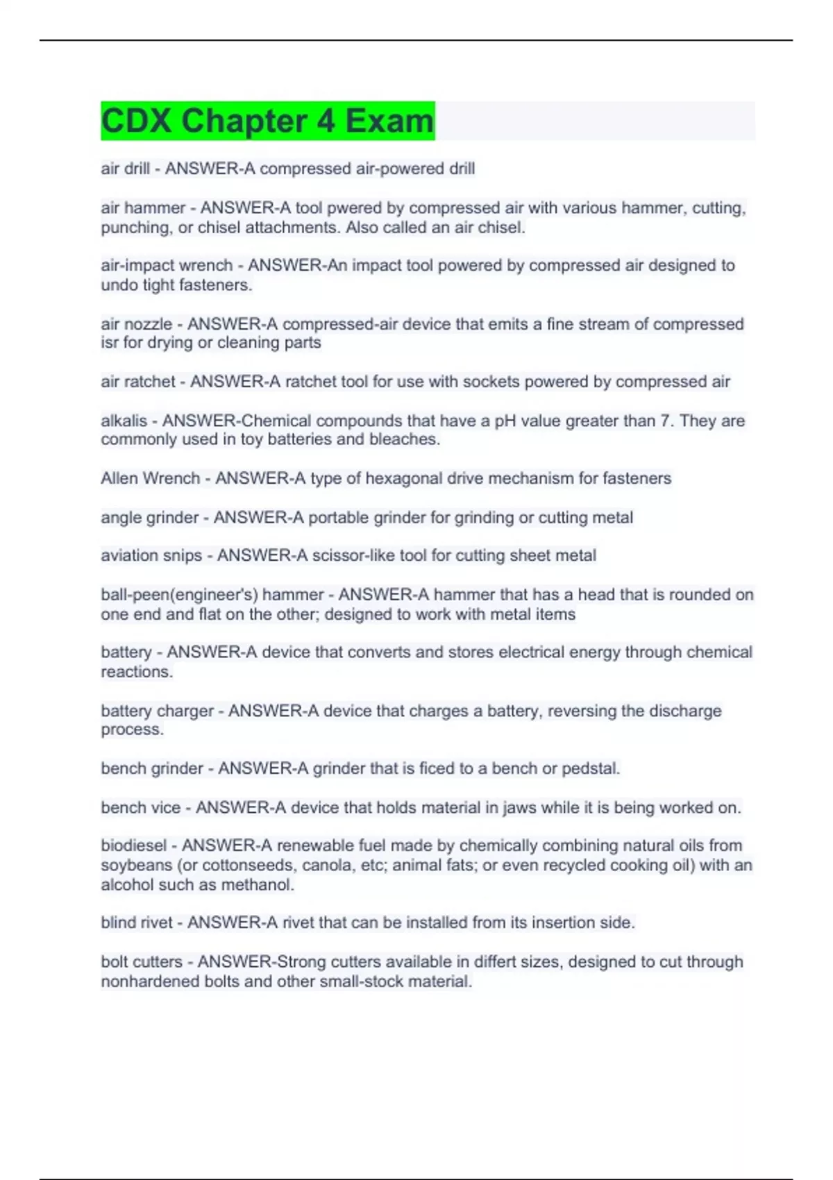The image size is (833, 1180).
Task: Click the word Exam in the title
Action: pyautogui.click(x=389, y=121)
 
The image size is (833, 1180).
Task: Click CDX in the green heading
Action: pyautogui.click(x=136, y=121)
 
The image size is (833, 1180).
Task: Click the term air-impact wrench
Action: pyautogui.click(x=167, y=265)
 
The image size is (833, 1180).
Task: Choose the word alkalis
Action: pyautogui.click(x=124, y=421)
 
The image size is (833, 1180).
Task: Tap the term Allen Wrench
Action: pyautogui.click(x=150, y=478)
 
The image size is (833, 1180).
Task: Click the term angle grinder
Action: pyautogui.click(x=149, y=517)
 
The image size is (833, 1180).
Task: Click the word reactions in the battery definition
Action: pyautogui.click(x=136, y=671)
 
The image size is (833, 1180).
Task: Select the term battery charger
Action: pyautogui.click(x=157, y=711)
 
